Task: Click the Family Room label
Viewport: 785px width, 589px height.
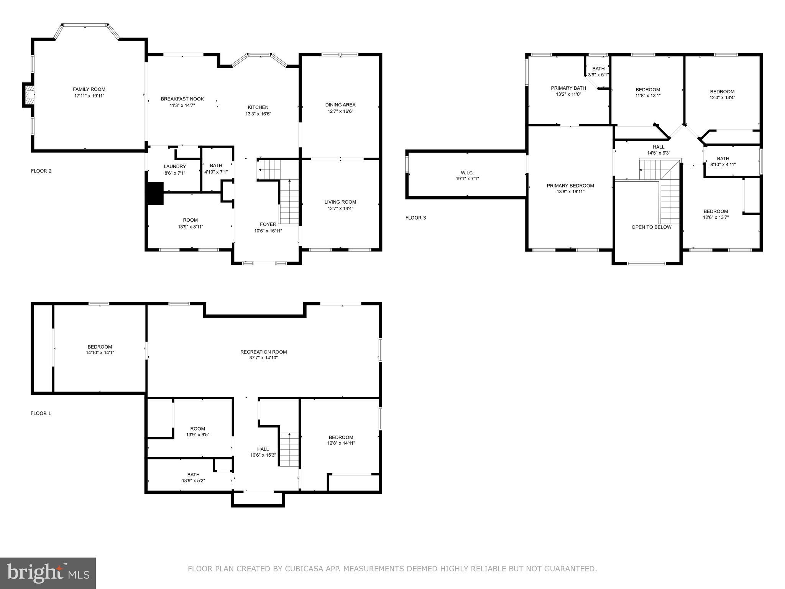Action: (x=89, y=89)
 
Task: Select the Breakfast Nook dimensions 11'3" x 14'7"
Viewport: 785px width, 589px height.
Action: (x=182, y=105)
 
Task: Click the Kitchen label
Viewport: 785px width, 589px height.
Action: (x=258, y=107)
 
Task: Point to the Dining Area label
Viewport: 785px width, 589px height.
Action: (x=340, y=105)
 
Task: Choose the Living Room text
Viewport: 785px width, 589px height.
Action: (x=340, y=202)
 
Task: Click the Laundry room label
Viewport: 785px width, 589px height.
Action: (x=175, y=166)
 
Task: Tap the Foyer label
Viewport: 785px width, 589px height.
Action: (x=268, y=224)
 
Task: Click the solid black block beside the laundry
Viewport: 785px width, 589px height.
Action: (x=155, y=193)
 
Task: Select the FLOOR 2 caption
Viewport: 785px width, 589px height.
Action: (x=41, y=171)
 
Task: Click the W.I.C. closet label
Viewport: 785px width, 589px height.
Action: (x=467, y=173)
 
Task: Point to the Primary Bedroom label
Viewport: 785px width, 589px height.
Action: (x=570, y=186)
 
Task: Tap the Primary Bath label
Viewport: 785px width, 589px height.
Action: (x=568, y=88)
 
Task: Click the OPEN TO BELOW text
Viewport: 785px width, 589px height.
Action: (x=651, y=227)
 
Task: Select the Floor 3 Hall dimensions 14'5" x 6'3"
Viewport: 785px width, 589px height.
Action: (x=659, y=153)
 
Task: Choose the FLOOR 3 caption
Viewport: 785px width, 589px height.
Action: (x=415, y=218)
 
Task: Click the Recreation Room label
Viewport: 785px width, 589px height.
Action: (x=263, y=352)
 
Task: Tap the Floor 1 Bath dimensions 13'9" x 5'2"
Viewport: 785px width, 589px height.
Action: (x=193, y=480)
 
